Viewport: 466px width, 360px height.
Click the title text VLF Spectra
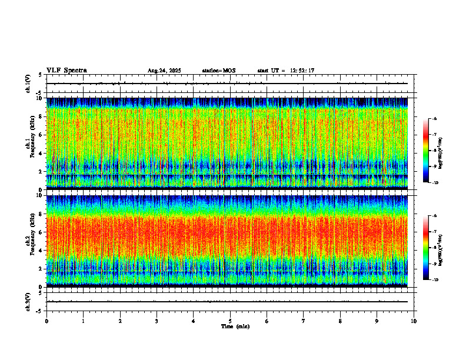click(66, 71)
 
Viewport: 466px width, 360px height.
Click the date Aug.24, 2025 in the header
click(164, 71)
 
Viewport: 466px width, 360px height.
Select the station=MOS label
click(219, 71)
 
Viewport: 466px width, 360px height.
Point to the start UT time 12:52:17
click(302, 71)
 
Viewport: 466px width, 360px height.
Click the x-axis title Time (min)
click(235, 326)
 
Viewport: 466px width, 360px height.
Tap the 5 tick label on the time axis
click(230, 321)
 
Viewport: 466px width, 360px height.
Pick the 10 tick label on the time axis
click(414, 321)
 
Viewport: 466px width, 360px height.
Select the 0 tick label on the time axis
click(46, 321)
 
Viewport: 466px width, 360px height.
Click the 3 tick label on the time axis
click(157, 321)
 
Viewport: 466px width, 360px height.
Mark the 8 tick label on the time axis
click(340, 321)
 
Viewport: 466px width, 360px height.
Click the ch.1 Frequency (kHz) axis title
click(29, 142)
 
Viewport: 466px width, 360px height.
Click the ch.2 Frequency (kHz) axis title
click(29, 240)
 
